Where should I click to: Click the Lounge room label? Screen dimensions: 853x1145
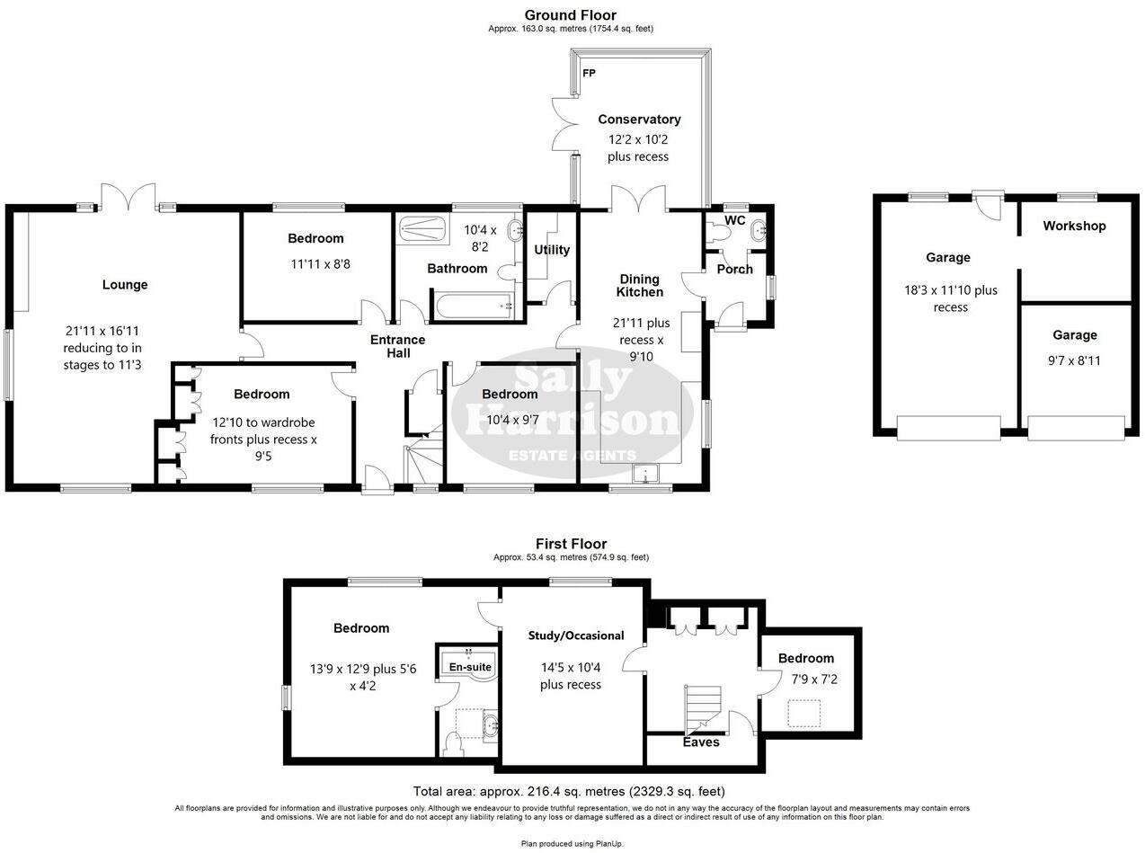pyautogui.click(x=125, y=285)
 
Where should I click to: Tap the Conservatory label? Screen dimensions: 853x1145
pyautogui.click(x=639, y=120)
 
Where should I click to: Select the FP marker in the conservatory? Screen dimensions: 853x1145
pyautogui.click(x=590, y=73)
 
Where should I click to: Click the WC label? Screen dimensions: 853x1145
pyautogui.click(x=734, y=220)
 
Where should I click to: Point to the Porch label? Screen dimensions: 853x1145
pyautogui.click(x=734, y=270)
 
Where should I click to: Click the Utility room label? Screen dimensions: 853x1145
pyautogui.click(x=552, y=250)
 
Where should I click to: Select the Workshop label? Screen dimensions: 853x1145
pyautogui.click(x=1074, y=227)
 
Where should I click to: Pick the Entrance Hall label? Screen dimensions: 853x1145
pyautogui.click(x=398, y=346)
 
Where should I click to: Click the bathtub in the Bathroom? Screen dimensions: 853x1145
pyautogui.click(x=473, y=307)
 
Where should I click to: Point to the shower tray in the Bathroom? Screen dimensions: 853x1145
pyautogui.click(x=422, y=228)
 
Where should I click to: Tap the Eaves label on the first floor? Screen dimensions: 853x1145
pyautogui.click(x=701, y=742)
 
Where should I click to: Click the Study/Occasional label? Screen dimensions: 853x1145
pyautogui.click(x=576, y=635)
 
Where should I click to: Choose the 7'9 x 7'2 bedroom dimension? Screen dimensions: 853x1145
pyautogui.click(x=806, y=680)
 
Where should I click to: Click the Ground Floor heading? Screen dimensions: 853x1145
pyautogui.click(x=571, y=15)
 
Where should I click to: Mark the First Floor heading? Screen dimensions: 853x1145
pyautogui.click(x=571, y=544)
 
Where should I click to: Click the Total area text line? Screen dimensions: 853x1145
pyautogui.click(x=569, y=792)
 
